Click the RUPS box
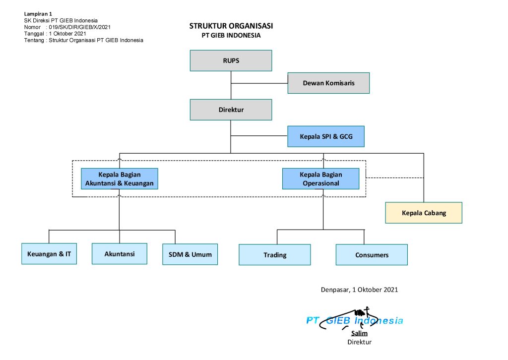[x=231, y=60]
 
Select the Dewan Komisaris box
[x=328, y=83]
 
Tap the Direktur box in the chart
[x=231, y=110]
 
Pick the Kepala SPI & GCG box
[x=326, y=136]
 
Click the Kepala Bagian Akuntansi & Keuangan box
[x=119, y=179]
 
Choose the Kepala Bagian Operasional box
[x=320, y=179]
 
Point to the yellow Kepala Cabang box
[x=424, y=213]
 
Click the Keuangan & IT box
[x=49, y=254]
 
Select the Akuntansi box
[x=119, y=253]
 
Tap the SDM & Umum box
[x=190, y=254]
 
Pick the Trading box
[x=275, y=255]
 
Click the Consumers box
[x=372, y=255]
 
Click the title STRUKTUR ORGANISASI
[x=231, y=26]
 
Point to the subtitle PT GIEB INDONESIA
[x=231, y=36]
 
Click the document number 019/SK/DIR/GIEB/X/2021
[x=79, y=27]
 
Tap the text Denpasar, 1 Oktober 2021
[x=359, y=290]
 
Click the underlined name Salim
[x=359, y=334]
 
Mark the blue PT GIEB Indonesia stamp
[x=354, y=321]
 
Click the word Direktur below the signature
[x=359, y=342]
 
